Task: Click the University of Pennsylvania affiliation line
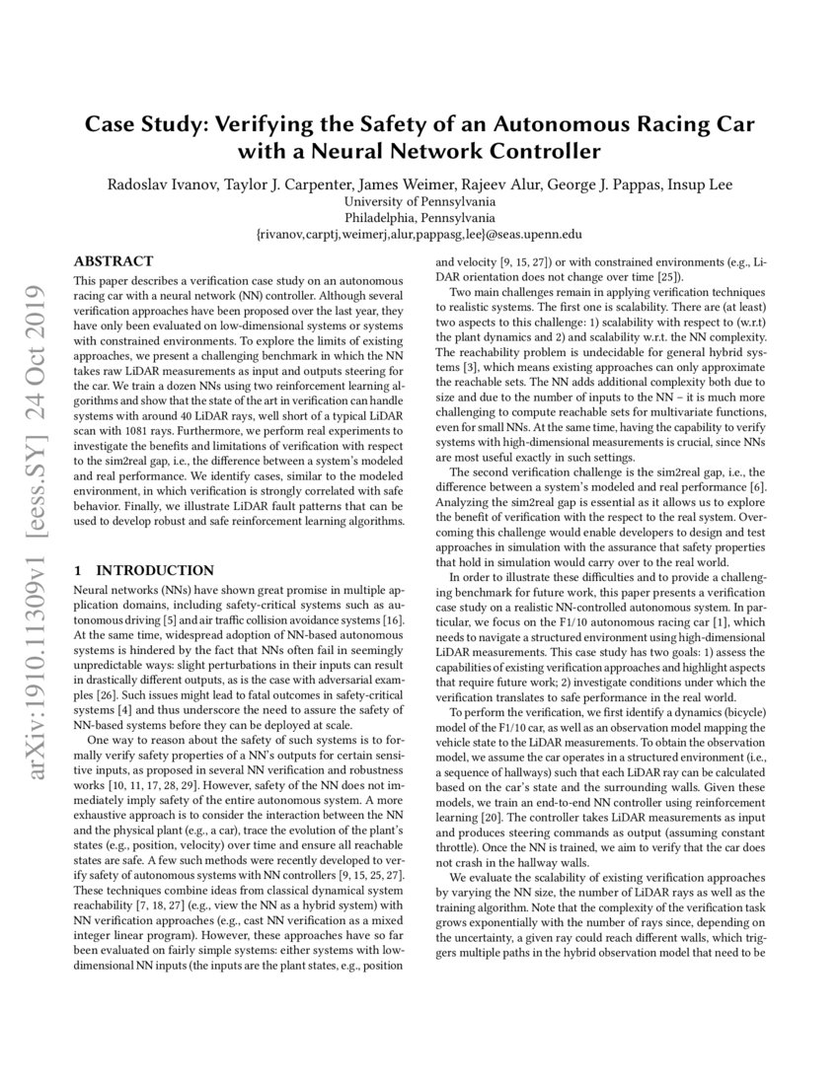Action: tap(419, 200)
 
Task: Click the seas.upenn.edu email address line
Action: tap(419, 235)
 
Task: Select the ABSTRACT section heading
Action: tap(114, 261)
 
